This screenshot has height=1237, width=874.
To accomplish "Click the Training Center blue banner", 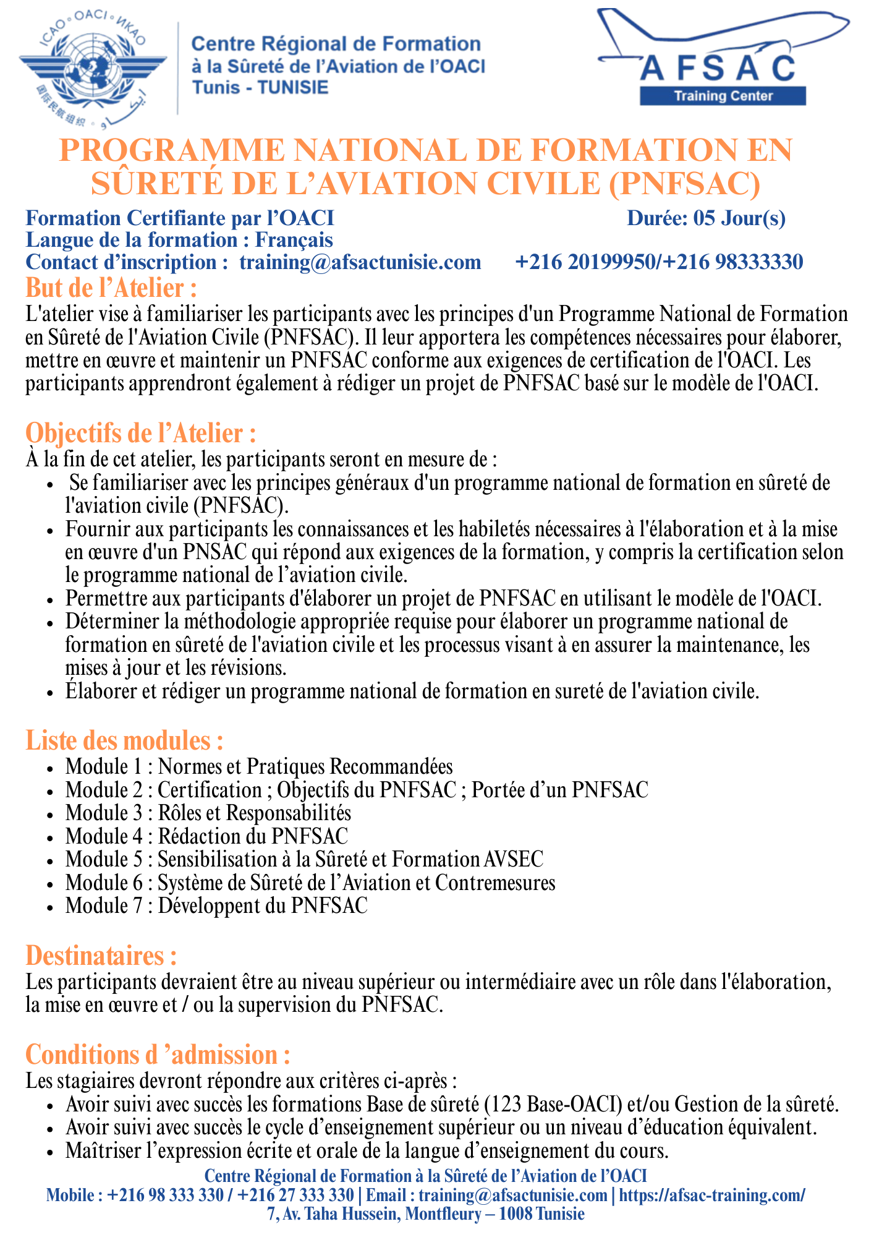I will [x=723, y=96].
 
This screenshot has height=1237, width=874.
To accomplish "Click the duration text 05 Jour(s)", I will [x=739, y=218].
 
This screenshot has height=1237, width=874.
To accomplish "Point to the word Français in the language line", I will [x=294, y=240].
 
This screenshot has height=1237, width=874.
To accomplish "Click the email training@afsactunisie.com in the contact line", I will [x=360, y=262].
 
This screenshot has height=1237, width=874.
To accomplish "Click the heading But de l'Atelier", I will [x=111, y=288].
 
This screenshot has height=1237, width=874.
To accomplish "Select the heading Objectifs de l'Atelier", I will [x=141, y=433].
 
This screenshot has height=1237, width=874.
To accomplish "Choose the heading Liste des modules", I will [x=124, y=740].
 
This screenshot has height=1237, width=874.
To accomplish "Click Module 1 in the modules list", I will [x=104, y=767].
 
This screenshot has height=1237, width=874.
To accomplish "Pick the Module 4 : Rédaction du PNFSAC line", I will [x=206, y=836].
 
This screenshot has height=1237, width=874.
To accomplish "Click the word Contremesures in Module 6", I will [x=495, y=883].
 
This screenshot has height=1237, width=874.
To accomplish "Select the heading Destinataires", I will [x=101, y=956].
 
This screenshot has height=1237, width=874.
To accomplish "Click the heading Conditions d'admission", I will [x=158, y=1055].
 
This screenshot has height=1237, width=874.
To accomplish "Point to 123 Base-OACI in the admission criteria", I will [x=554, y=1104].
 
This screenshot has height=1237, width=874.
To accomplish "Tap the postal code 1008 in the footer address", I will [x=515, y=1213].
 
